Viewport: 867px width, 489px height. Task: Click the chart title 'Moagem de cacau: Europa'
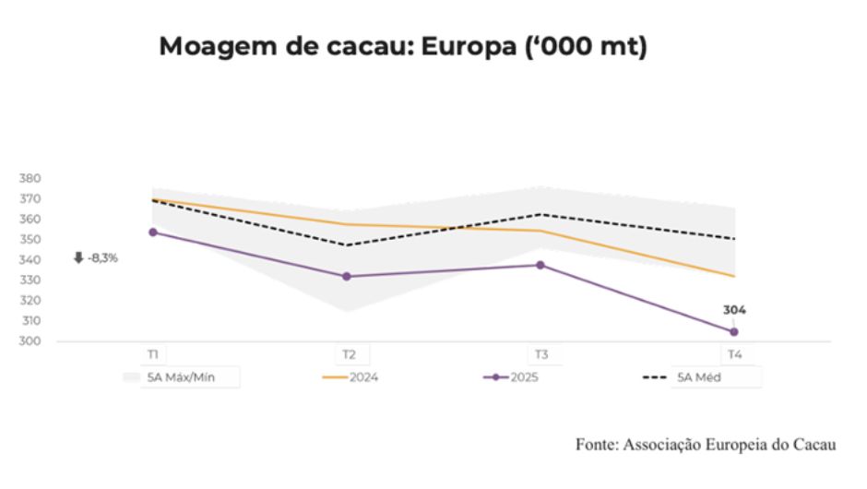click(x=403, y=48)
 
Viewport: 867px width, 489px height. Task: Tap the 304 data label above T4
click(x=734, y=310)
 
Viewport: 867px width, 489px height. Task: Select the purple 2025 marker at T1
click(x=153, y=233)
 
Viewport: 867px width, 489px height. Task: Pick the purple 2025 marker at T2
click(x=347, y=277)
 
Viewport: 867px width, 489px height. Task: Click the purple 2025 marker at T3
click(x=540, y=266)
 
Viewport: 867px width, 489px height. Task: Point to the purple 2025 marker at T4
click(x=734, y=331)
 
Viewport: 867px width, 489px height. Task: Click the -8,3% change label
click(x=102, y=258)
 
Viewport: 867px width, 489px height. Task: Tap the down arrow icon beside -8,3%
click(x=78, y=258)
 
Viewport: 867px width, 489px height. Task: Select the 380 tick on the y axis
click(x=31, y=178)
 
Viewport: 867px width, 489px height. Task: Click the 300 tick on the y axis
click(x=31, y=341)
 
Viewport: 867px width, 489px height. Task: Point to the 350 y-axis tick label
click(x=31, y=239)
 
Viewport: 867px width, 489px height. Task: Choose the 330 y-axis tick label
click(x=31, y=280)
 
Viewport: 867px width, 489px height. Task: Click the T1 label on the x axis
click(x=153, y=354)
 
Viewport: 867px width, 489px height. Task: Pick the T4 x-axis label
click(x=734, y=354)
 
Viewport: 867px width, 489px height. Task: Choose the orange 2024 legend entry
click(x=351, y=377)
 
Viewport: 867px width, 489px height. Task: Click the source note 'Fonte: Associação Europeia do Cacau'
click(x=706, y=445)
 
